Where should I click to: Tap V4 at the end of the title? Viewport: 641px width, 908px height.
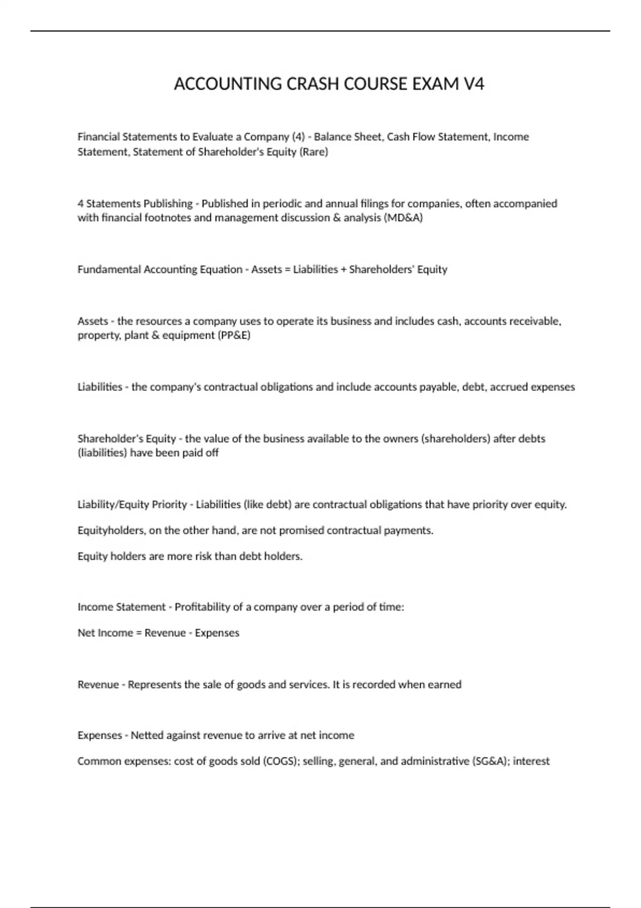473,84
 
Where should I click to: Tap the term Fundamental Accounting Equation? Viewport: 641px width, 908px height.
160,270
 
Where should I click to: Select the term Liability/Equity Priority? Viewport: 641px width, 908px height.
132,505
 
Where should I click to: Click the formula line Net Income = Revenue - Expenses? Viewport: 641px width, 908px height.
158,633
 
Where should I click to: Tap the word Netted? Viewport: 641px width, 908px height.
147,735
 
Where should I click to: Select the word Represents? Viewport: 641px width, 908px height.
154,685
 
